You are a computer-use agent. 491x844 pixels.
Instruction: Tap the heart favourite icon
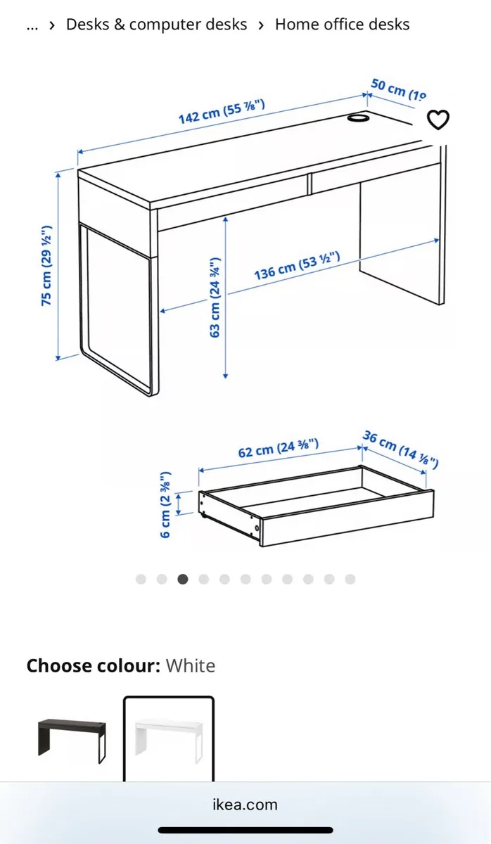point(438,120)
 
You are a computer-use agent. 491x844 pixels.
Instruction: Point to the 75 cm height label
point(47,265)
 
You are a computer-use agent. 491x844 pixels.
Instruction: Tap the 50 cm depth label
point(397,89)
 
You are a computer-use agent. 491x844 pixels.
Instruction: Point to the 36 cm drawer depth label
point(400,449)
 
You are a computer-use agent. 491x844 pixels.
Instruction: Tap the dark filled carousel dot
point(183,579)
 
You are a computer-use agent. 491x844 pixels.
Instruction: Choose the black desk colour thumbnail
point(72,738)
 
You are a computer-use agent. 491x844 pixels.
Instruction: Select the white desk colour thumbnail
point(169,738)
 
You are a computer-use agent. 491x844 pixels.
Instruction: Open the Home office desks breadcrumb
point(342,25)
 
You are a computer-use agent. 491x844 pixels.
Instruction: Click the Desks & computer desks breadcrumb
point(156,25)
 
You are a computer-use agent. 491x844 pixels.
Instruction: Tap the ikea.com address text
point(245,805)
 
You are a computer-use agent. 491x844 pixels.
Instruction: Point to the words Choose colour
point(94,665)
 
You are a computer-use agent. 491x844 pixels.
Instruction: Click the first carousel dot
point(141,579)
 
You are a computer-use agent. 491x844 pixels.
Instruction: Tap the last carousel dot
point(350,579)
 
